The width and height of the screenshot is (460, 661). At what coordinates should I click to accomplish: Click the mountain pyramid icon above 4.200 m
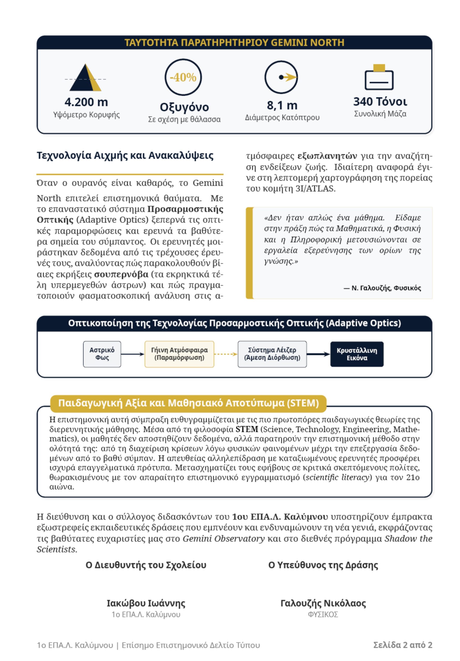[86, 78]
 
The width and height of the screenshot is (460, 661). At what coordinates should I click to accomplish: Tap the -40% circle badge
[183, 77]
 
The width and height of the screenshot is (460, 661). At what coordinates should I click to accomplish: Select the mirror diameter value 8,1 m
[282, 105]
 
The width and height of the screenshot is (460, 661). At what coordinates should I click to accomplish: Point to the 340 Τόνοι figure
[380, 102]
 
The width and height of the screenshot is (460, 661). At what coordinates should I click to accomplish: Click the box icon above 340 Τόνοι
[379, 77]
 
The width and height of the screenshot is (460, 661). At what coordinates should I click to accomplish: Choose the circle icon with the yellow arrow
[281, 77]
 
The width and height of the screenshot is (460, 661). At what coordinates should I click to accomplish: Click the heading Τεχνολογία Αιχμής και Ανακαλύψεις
[125, 155]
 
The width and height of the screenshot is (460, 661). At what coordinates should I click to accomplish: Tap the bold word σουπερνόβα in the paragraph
[121, 274]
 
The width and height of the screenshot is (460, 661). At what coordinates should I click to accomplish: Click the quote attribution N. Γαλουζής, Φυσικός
[382, 288]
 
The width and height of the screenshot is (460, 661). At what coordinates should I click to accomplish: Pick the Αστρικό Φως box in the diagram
[102, 354]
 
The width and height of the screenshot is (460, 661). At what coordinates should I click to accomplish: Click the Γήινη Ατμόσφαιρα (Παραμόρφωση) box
[179, 354]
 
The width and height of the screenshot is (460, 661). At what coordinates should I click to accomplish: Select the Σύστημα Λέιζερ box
[272, 354]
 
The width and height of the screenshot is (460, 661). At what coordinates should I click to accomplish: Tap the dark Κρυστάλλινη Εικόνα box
[357, 354]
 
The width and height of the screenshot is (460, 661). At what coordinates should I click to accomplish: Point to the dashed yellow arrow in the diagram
[226, 354]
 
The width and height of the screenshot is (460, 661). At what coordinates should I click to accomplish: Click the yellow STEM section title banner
[188, 403]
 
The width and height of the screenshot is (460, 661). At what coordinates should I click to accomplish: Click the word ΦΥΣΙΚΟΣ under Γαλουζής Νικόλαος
[323, 615]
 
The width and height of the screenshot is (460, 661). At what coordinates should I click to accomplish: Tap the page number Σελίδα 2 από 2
[403, 645]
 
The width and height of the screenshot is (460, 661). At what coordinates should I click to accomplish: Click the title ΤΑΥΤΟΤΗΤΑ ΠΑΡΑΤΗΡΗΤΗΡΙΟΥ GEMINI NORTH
[234, 43]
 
